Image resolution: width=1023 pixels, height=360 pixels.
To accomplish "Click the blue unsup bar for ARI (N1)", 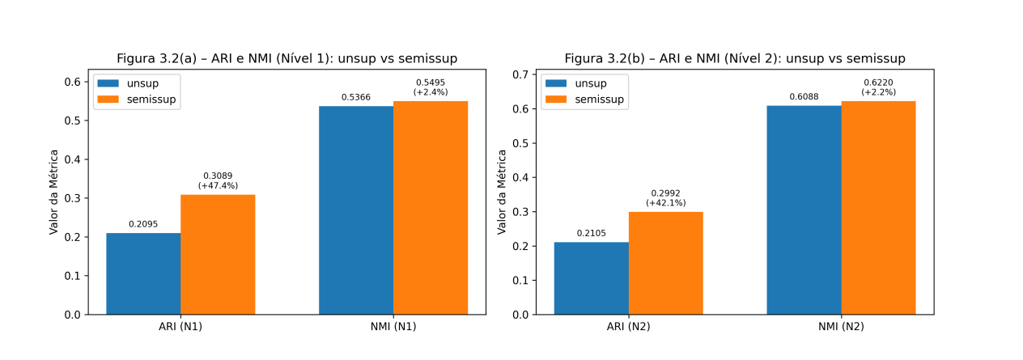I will [x=143, y=273].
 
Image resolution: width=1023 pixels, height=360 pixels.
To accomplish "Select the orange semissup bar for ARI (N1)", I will [x=218, y=254].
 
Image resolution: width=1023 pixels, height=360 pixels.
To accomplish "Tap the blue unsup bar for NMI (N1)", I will [x=356, y=210].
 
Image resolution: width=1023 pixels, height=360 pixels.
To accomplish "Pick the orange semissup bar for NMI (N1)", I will [x=431, y=208].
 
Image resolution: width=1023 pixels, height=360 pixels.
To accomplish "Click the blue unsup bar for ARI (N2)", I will [x=591, y=278].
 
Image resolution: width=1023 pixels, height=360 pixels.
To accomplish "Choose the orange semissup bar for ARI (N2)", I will [x=665, y=263].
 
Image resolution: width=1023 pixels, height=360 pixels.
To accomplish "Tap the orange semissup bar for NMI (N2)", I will [x=878, y=208].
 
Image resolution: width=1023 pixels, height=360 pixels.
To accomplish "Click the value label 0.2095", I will [x=143, y=224].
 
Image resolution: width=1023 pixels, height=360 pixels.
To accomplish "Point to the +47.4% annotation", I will [x=218, y=186].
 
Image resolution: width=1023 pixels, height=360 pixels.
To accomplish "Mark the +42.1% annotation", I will [x=665, y=203].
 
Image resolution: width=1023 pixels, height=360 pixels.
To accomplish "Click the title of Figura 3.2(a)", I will [x=287, y=58].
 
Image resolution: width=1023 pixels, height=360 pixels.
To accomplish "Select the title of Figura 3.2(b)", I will [x=735, y=58].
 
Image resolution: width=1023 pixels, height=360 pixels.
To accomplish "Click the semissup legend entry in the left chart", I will [x=137, y=100].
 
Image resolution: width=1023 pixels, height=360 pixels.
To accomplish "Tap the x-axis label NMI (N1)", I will [x=393, y=327].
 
